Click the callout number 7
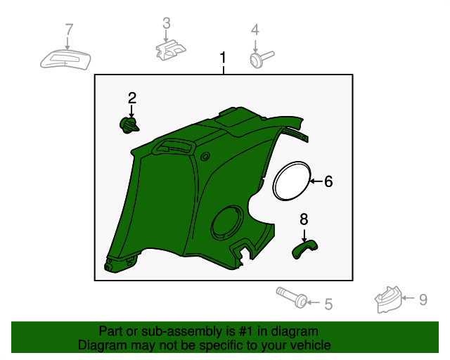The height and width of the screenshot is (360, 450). click(69, 30)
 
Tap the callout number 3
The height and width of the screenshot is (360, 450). click(167, 23)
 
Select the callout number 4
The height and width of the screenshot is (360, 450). click(255, 30)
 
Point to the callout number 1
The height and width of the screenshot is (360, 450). click(223, 58)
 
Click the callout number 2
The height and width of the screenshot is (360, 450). click(132, 98)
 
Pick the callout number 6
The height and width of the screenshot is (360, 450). click(328, 181)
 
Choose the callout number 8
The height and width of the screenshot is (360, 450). click(304, 219)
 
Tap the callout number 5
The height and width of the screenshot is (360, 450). click(328, 304)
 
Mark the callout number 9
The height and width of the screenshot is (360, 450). click(423, 300)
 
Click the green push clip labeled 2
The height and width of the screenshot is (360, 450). click(129, 125)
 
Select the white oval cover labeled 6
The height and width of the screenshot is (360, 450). click(292, 181)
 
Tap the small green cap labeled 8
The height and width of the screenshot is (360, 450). click(304, 249)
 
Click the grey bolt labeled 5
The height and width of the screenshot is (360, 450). click(292, 297)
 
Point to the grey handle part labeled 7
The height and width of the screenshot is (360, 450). click(65, 60)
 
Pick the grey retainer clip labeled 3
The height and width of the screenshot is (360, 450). click(170, 50)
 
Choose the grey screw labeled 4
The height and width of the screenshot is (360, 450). click(262, 59)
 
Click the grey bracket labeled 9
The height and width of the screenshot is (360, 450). click(388, 300)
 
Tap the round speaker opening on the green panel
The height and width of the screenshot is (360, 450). click(226, 222)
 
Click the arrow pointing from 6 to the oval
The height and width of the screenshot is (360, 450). click(316, 181)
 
